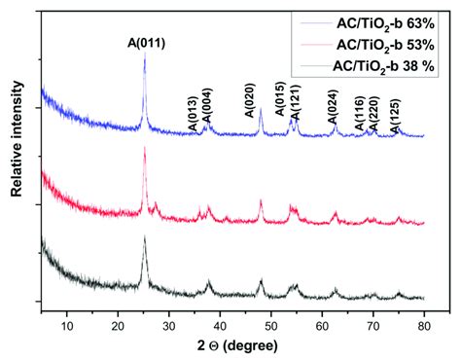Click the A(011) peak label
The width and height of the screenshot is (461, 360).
145,42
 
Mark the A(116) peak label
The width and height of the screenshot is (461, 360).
359,115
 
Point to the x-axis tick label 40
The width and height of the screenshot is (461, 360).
220,317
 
